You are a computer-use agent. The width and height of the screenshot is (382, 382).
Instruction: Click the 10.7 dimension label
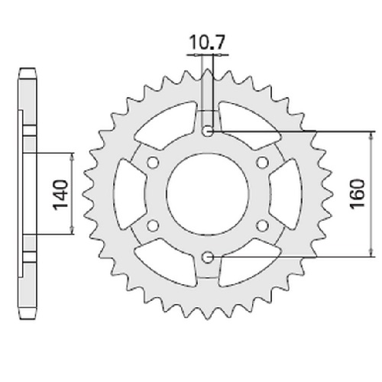point(207,43)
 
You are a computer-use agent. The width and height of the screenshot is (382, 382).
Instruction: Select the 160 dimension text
point(358,194)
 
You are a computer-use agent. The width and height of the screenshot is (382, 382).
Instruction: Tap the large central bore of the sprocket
point(208,193)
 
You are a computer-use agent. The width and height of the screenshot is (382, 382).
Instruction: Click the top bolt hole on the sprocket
point(208,131)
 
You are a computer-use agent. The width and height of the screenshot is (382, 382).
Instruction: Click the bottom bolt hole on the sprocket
point(208,257)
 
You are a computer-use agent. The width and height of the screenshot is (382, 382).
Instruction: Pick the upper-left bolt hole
point(153,163)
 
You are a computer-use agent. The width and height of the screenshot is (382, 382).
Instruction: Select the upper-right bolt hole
point(262,163)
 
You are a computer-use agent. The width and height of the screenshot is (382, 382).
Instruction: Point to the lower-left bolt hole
point(153,225)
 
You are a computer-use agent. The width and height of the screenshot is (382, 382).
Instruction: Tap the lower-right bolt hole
point(262,225)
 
